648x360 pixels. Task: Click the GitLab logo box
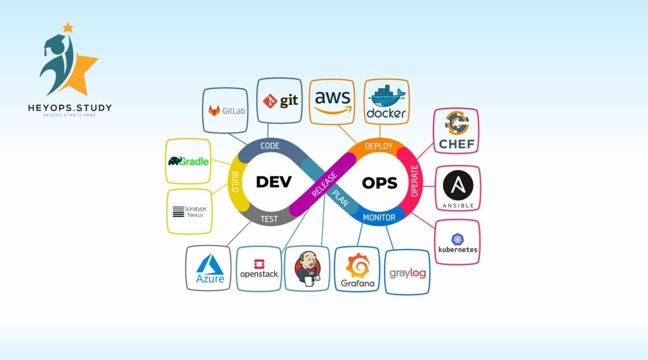point(225,111)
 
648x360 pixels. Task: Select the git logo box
point(279,101)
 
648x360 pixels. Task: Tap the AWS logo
point(332,101)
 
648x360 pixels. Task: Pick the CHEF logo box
point(456,131)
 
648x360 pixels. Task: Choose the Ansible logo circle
point(458,185)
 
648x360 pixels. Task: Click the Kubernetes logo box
point(457,242)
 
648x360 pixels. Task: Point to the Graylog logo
point(408,273)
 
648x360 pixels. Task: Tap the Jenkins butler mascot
point(308,268)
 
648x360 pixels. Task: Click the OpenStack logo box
point(259,269)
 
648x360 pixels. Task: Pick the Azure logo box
point(210,268)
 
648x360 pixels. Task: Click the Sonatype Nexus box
point(189,212)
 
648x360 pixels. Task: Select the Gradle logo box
point(188,161)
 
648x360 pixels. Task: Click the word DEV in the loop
point(274,182)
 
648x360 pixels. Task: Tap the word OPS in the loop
point(380,183)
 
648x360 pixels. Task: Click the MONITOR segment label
point(379,218)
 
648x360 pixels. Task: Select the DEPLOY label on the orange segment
point(379,146)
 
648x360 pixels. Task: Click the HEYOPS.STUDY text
point(70,108)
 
